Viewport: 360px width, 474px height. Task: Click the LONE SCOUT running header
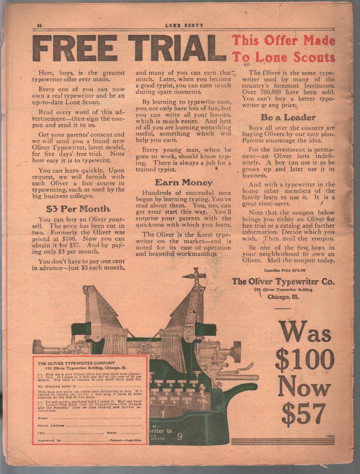(184, 25)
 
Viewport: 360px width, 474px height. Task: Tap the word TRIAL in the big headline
(177, 48)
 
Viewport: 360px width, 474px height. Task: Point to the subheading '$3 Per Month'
(78, 209)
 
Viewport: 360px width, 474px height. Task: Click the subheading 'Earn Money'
(184, 183)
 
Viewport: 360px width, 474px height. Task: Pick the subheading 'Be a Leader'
(288, 118)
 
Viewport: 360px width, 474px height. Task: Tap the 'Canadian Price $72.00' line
(284, 270)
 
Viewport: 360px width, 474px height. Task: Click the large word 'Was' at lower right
(304, 333)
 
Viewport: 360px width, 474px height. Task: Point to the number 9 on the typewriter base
(179, 437)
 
